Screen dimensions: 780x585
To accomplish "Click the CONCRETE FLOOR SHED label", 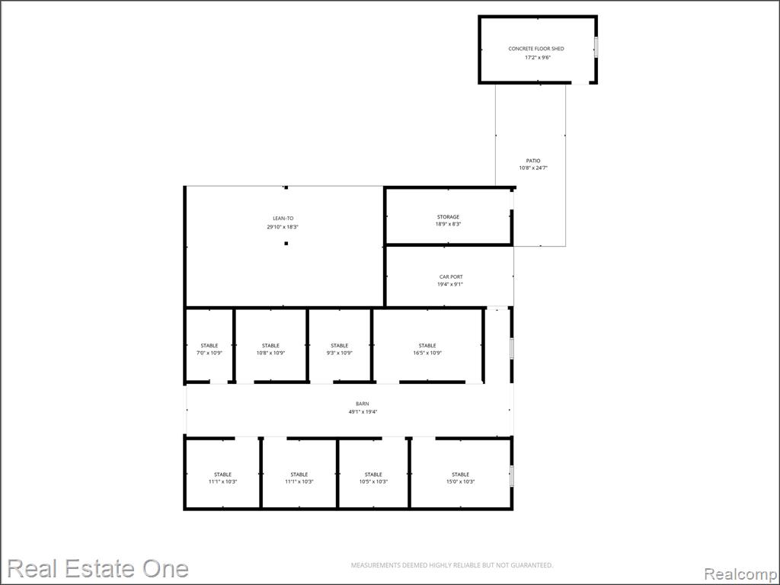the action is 535,49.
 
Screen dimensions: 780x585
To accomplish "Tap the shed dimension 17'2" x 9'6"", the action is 538,58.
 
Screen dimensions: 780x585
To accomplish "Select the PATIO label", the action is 533,161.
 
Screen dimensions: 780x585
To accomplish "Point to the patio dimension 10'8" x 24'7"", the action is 533,168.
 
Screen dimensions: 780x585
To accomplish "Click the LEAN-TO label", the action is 283,219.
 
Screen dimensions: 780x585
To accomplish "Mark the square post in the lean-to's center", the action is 286,243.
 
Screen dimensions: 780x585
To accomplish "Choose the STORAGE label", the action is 448,217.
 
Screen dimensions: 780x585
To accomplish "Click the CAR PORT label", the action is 451,277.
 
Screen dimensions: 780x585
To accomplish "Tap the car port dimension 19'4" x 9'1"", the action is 451,285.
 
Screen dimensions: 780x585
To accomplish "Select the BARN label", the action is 362,404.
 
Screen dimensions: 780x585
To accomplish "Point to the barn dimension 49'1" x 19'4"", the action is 363,412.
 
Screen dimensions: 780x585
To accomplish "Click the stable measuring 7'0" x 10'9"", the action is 209,345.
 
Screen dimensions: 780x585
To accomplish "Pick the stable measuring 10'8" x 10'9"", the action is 270,345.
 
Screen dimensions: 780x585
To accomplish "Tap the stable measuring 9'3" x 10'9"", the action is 339,345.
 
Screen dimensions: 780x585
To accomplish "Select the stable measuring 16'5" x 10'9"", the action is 427,345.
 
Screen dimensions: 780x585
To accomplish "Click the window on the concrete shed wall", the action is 596,46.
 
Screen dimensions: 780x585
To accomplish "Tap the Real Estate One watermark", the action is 98,568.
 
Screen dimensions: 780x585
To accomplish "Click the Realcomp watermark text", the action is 741,574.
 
